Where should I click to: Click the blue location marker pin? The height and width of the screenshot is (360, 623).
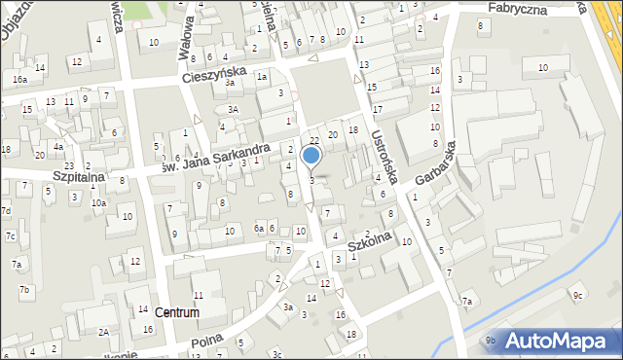311,156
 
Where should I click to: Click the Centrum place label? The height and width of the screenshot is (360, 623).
176,313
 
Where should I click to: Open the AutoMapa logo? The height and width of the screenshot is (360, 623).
558,341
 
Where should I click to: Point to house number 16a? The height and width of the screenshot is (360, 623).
19,79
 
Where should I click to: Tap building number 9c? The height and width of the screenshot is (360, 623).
577,295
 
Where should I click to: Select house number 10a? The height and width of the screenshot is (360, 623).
98,202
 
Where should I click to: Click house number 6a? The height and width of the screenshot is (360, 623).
259,228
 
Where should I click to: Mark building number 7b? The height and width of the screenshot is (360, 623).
25,290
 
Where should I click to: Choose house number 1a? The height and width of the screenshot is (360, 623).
262,76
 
